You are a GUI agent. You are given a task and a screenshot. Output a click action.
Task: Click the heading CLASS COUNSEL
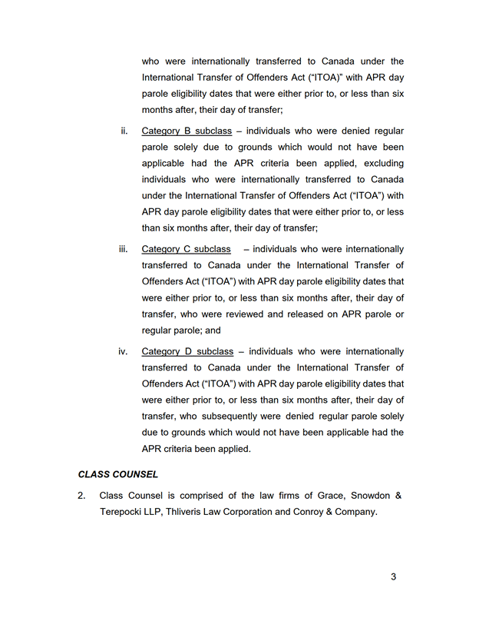(118, 474)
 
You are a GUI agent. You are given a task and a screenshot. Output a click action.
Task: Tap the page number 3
(393, 576)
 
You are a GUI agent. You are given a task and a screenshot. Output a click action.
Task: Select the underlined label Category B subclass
(187, 131)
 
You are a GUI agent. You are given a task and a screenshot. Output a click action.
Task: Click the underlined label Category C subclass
(187, 249)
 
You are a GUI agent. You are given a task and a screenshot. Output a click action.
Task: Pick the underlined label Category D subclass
(187, 351)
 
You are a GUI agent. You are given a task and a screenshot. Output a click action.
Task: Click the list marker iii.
(124, 249)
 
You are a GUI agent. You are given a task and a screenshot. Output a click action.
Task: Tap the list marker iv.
(123, 351)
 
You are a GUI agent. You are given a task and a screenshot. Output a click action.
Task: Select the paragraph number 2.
(81, 495)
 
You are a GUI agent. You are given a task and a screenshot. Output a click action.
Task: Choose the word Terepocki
(125, 512)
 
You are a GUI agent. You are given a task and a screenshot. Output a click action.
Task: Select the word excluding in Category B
(382, 164)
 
